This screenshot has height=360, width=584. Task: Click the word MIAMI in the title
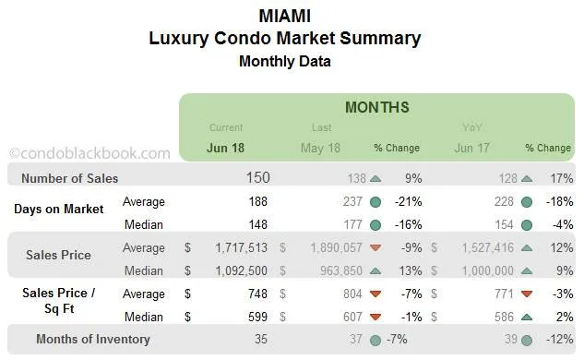284,16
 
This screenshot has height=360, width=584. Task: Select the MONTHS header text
376,108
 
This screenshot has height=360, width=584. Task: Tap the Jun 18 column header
226,148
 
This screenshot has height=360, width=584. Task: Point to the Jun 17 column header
471,148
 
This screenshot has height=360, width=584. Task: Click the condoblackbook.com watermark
89,153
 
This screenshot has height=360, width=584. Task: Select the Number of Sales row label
70,178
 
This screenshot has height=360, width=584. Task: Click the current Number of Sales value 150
258,177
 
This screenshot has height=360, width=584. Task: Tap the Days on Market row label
58,209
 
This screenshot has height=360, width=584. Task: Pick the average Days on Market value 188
257,201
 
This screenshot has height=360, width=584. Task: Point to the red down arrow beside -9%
375,248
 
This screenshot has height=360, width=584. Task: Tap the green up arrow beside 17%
527,178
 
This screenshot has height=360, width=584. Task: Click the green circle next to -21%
375,201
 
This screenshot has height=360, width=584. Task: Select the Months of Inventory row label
92,339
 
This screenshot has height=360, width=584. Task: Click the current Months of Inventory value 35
261,339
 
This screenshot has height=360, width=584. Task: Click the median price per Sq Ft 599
257,316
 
